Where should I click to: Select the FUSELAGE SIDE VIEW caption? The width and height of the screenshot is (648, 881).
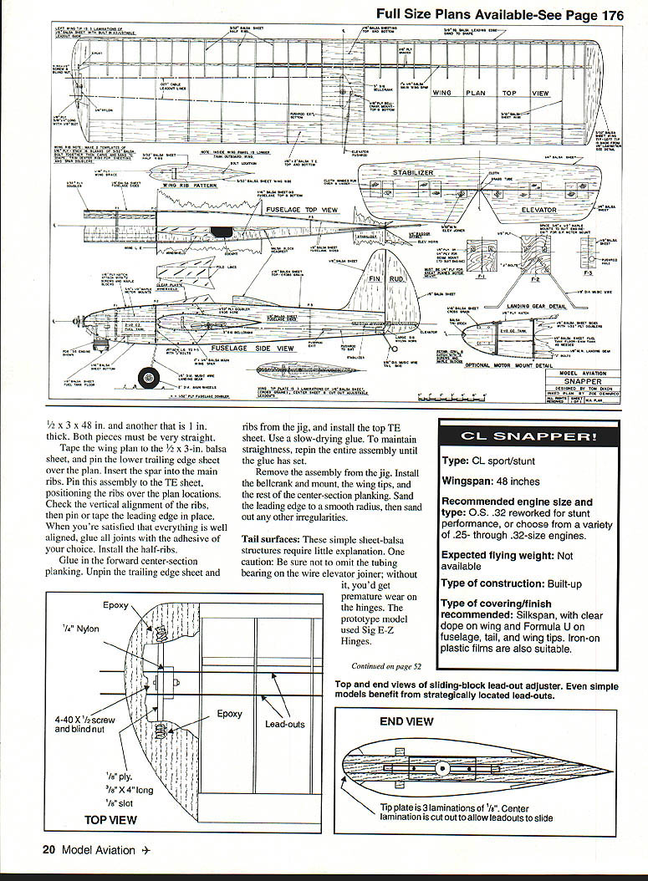[x=251, y=348]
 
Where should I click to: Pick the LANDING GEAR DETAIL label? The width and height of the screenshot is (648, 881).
[x=537, y=306]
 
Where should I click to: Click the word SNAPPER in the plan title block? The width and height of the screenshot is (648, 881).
[x=584, y=380]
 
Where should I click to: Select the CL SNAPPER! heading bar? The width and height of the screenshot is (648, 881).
[x=529, y=436]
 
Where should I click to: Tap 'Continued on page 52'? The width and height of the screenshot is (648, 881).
[x=386, y=666]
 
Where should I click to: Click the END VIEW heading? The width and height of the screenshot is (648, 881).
[x=406, y=721]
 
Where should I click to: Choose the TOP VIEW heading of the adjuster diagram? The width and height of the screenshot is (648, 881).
[x=110, y=820]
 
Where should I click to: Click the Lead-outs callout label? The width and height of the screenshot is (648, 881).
[x=285, y=724]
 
